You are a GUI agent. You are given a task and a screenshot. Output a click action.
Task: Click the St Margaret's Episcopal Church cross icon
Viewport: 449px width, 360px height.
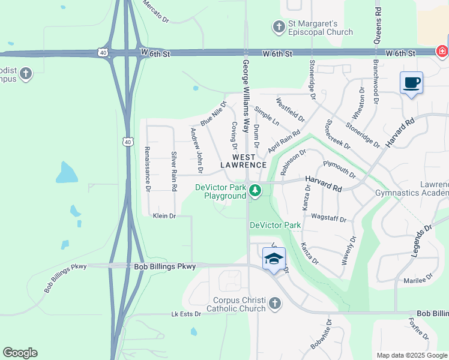pyautogui.click(x=279, y=26)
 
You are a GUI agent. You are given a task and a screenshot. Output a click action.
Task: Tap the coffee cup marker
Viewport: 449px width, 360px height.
pyautogui.click(x=411, y=83)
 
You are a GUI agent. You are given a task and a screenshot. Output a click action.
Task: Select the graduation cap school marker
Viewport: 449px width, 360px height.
pyautogui.click(x=274, y=259)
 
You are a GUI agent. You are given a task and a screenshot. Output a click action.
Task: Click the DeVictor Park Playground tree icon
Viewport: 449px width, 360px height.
pyautogui.click(x=256, y=191)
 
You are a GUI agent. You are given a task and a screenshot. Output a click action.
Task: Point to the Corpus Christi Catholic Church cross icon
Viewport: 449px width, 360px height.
pyautogui.click(x=275, y=303)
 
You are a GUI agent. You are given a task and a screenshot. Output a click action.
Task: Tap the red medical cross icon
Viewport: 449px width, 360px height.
pyautogui.click(x=442, y=52)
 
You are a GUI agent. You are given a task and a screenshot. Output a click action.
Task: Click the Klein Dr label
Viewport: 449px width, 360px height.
pyautogui.click(x=164, y=215)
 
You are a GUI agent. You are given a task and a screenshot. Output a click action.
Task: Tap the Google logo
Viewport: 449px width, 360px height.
pyautogui.click(x=20, y=353)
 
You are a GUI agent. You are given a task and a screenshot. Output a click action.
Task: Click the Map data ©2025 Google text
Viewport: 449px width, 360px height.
pyautogui.click(x=411, y=355)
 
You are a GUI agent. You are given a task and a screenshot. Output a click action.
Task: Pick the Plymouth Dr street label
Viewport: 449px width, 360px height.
pyautogui.click(x=339, y=170)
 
